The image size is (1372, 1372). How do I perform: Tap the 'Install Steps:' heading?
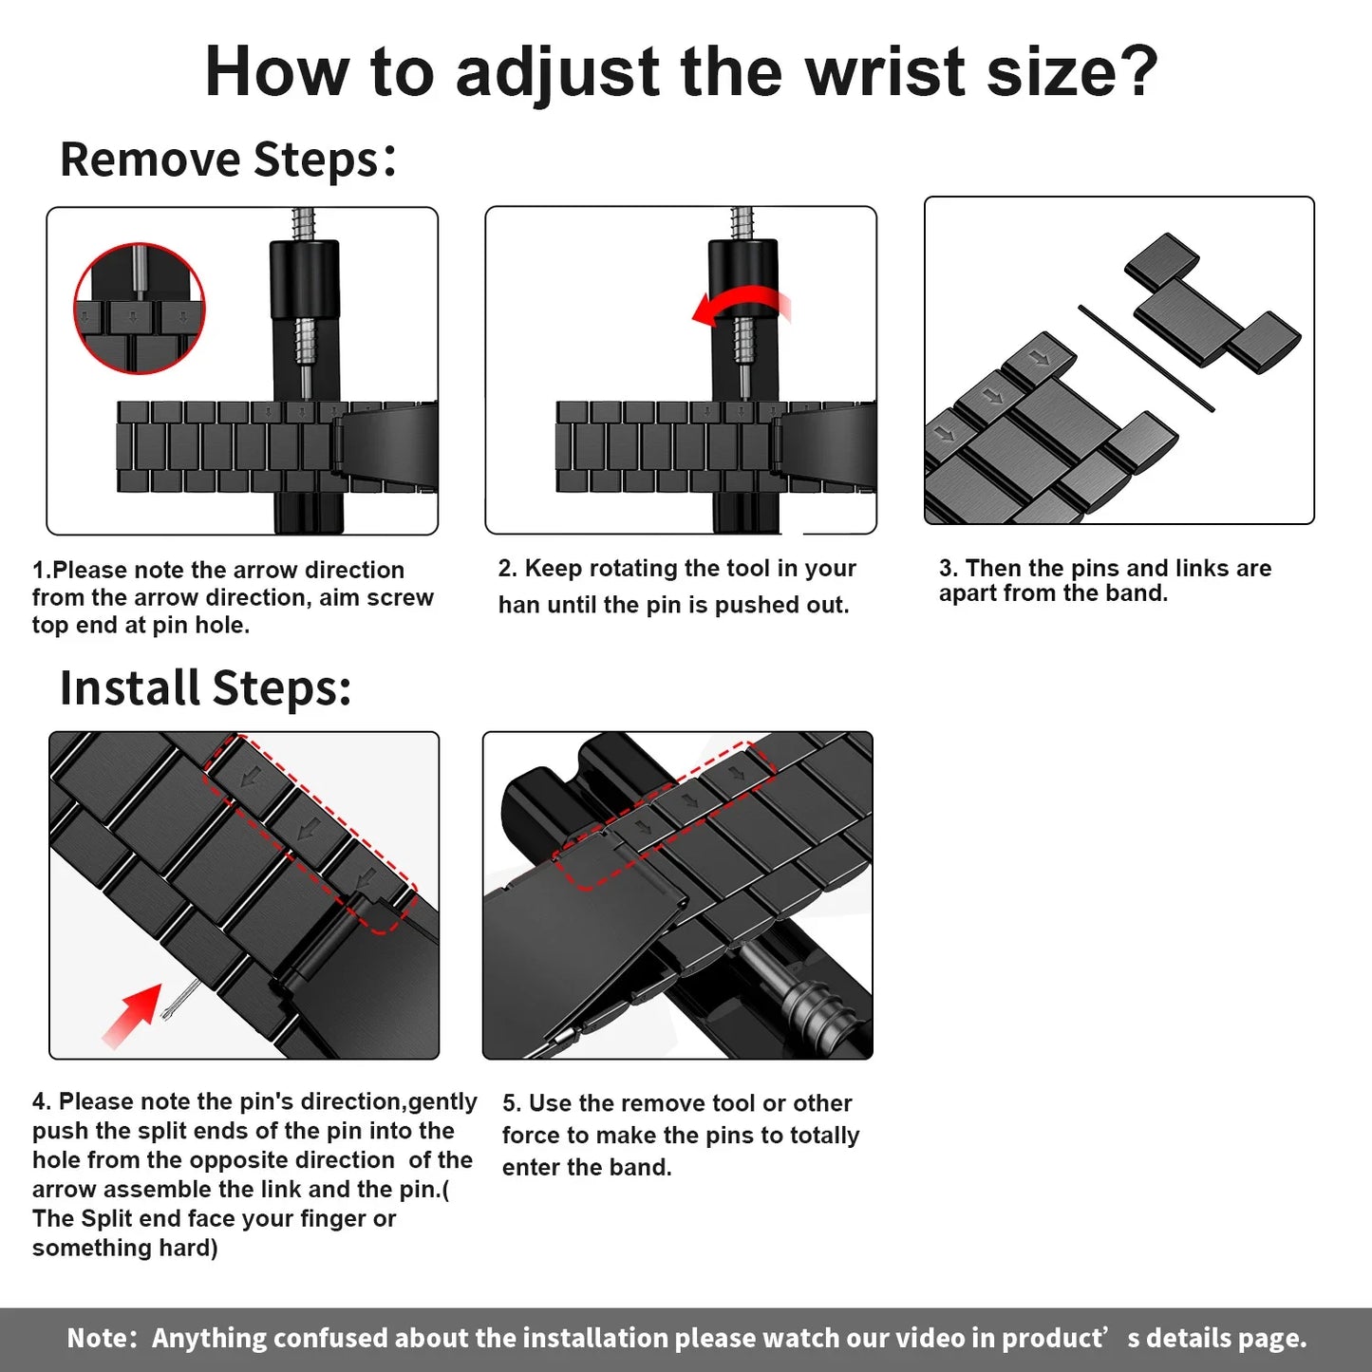pos(205,687)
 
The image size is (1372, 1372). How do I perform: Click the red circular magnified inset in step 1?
pos(140,309)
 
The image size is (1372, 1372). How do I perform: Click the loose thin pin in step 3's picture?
pos(1145,358)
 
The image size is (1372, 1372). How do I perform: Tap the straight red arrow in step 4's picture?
pos(133,1015)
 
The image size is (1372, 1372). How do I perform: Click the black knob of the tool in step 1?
pos(304,280)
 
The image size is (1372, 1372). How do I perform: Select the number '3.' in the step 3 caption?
pos(948,569)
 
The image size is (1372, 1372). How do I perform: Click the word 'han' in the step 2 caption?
pos(518,606)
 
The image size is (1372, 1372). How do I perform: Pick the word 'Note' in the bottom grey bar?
pos(97,1339)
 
